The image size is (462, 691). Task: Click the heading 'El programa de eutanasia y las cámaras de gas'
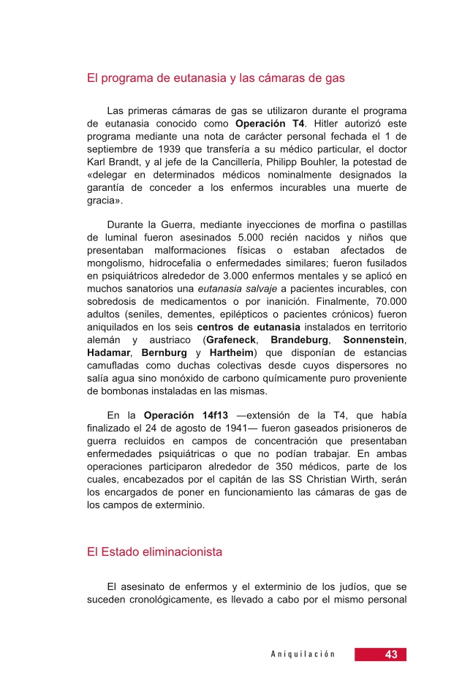tap(216, 77)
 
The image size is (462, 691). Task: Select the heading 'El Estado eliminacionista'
tap(154, 553)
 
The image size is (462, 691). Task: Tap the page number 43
tap(391, 654)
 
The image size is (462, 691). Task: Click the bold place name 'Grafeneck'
tap(232, 340)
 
